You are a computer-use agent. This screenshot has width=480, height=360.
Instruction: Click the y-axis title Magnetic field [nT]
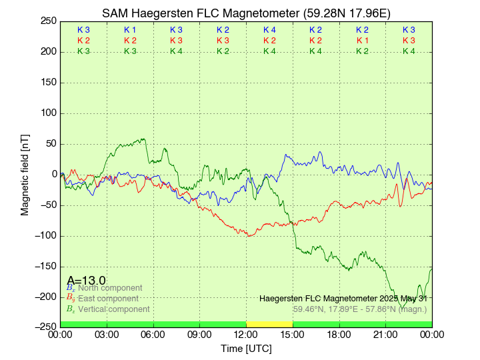[25, 173]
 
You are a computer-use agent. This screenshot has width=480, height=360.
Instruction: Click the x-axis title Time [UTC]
[246, 349]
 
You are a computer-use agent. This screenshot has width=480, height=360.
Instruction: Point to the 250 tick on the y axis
[48, 21]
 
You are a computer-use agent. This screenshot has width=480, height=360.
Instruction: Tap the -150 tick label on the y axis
[45, 266]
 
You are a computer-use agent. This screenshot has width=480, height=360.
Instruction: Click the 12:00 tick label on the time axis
[246, 335]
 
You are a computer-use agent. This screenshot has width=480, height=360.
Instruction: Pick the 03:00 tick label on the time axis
[107, 335]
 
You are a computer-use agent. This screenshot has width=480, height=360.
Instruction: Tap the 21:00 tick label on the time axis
[385, 335]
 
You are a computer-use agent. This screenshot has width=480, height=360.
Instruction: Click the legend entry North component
[110, 288]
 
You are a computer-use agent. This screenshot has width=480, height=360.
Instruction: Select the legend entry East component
[108, 299]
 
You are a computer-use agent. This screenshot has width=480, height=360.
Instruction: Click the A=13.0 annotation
[86, 280]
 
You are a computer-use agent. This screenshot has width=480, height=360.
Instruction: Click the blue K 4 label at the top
[269, 30]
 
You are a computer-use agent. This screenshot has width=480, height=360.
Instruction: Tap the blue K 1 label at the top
[130, 30]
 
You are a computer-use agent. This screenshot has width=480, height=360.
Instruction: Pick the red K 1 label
[362, 41]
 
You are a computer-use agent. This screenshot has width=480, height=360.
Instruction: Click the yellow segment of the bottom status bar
[269, 324]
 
